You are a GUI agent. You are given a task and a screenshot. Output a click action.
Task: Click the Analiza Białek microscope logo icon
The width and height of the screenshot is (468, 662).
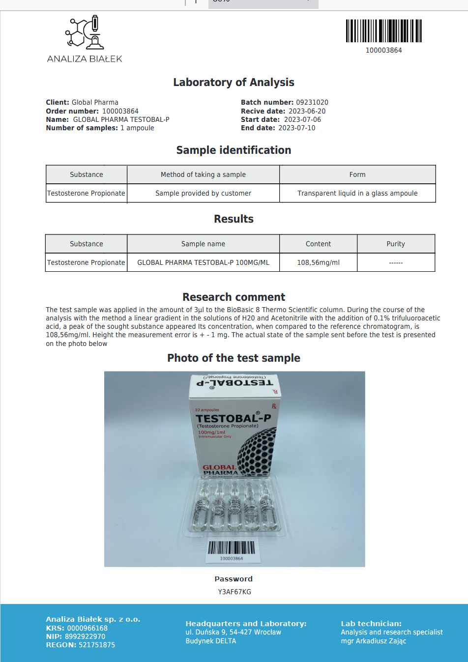click(x=85, y=33)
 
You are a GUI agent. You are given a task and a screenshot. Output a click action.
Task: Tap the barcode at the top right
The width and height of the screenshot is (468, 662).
click(x=383, y=31)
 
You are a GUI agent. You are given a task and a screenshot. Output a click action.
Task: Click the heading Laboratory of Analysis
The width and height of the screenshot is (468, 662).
click(x=234, y=82)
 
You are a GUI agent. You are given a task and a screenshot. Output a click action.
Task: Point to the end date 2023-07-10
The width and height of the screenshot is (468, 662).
click(x=296, y=128)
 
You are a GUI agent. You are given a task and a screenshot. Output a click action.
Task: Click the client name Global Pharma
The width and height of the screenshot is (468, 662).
click(x=95, y=102)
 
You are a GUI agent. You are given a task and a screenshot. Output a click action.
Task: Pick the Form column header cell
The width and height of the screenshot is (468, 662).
click(x=357, y=174)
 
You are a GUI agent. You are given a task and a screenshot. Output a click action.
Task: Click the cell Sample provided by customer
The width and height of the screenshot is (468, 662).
click(x=203, y=193)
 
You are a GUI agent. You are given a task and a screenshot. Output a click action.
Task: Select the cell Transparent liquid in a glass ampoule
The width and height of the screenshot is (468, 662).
click(x=357, y=193)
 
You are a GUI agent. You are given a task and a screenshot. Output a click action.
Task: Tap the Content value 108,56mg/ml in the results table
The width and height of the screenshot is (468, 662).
click(x=318, y=262)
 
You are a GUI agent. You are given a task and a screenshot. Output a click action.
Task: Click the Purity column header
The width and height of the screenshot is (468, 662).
click(x=396, y=244)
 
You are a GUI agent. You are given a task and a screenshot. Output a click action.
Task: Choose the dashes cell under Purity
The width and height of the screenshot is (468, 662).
click(x=396, y=262)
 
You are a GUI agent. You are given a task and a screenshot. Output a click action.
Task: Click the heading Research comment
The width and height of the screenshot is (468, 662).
click(x=234, y=297)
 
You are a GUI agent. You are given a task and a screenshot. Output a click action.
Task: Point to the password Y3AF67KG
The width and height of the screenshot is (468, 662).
click(x=234, y=592)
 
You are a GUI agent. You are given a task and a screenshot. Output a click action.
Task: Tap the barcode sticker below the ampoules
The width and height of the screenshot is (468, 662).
click(x=231, y=550)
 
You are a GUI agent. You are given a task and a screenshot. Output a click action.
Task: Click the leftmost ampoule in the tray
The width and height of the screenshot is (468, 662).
click(x=201, y=506)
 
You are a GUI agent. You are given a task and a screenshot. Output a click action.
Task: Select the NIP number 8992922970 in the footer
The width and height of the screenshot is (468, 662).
click(x=85, y=636)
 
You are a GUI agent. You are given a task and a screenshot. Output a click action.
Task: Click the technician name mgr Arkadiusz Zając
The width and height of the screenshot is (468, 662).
click(x=374, y=641)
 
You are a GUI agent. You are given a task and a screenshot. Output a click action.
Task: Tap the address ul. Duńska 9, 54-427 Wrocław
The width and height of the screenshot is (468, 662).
click(x=233, y=632)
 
